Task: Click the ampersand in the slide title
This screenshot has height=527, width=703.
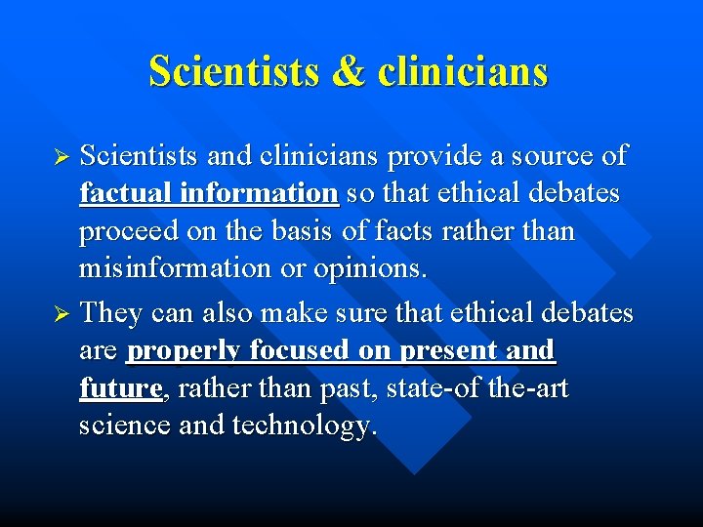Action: [347, 71]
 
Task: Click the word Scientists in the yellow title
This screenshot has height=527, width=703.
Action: [233, 71]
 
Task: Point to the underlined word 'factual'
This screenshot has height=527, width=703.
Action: [126, 193]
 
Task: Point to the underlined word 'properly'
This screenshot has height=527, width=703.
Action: [184, 350]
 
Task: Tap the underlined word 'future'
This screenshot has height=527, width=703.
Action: [120, 388]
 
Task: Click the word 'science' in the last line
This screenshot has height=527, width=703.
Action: [122, 426]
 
